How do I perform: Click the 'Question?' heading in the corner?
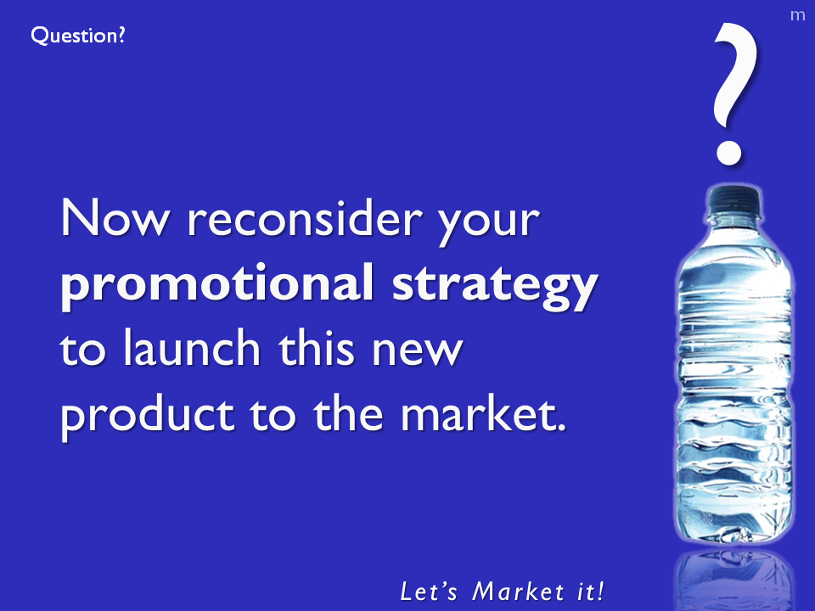coord(78,36)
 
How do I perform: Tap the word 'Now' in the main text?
coord(115,217)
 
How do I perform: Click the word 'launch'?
coord(192,347)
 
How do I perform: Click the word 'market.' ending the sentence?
coord(483,413)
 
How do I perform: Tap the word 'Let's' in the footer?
coord(429,591)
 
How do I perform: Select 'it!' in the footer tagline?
coord(591,591)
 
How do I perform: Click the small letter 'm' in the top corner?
coord(797,15)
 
